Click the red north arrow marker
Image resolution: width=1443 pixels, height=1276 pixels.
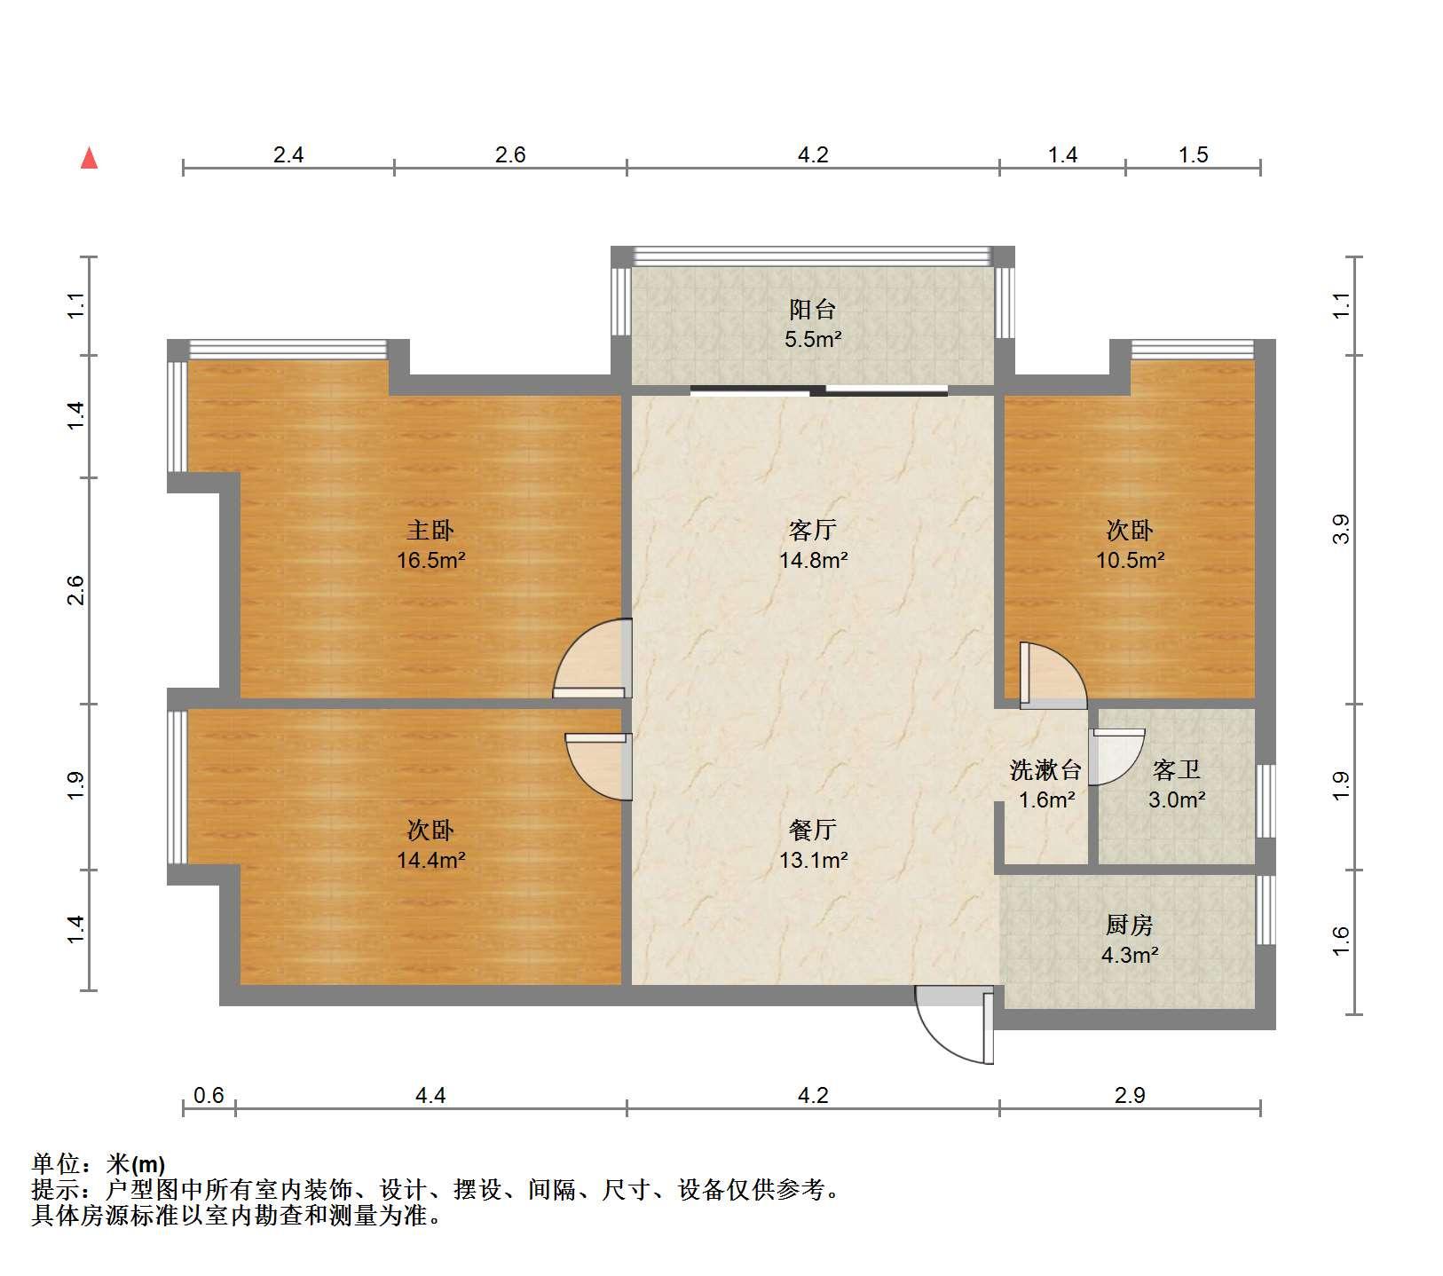click(89, 158)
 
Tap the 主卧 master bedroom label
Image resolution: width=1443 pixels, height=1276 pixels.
click(430, 531)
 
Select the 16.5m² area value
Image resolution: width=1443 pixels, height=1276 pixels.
click(431, 560)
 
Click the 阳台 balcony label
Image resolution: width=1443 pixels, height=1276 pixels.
click(813, 310)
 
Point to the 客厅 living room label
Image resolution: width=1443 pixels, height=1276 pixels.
click(813, 531)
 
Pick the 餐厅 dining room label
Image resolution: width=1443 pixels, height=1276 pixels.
click(813, 830)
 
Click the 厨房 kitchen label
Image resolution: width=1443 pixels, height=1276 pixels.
click(1129, 925)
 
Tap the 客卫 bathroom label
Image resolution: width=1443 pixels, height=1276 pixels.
click(1177, 770)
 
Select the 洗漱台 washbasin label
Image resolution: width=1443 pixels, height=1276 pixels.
click(1046, 770)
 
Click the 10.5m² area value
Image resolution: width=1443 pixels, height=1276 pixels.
click(1130, 560)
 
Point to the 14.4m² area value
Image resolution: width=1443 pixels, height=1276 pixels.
click(431, 859)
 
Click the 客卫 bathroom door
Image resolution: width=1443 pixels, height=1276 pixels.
click(1116, 757)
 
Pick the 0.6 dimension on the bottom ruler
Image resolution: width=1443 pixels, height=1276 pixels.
click(209, 1095)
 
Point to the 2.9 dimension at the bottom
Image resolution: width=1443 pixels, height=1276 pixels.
click(1130, 1095)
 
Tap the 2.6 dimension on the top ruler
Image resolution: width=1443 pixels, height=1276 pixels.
click(510, 154)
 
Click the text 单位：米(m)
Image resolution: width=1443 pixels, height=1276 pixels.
click(99, 1163)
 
